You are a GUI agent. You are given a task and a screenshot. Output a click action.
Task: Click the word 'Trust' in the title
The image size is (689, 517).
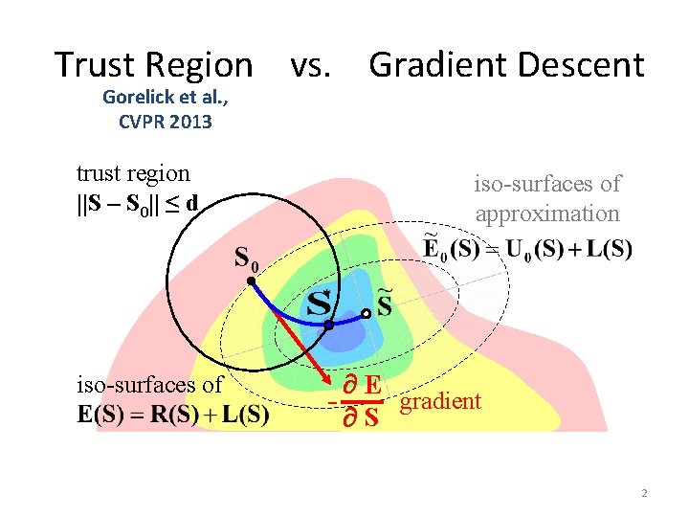point(89,65)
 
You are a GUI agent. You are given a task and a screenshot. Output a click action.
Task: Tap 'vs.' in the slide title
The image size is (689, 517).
point(311,65)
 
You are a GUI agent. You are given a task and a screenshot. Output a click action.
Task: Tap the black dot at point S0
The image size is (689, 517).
point(249,281)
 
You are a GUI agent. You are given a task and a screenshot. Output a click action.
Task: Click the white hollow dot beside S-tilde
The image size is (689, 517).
point(366,313)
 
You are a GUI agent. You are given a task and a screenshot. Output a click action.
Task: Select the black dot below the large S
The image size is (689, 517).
point(328,326)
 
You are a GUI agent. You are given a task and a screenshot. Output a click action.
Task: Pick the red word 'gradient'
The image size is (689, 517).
point(440,401)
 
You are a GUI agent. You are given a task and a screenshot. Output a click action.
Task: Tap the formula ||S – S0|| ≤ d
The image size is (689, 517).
point(138,204)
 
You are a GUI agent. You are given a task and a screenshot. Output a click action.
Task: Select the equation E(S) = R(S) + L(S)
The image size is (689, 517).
point(173,416)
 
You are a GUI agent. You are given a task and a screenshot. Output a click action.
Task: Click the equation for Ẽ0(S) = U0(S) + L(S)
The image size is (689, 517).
point(527,249)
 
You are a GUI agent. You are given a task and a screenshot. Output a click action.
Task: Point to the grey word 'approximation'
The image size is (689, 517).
point(547,214)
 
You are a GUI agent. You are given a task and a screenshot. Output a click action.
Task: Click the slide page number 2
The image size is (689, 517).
point(644,493)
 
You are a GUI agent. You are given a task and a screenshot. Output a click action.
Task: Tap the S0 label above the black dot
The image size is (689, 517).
point(246,258)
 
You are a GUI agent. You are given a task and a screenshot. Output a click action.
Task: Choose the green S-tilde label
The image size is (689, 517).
point(385,303)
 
